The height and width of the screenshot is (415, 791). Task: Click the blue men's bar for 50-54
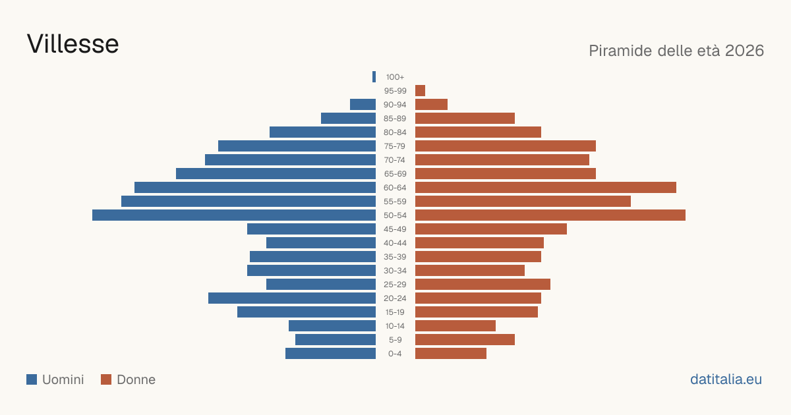click(x=234, y=215)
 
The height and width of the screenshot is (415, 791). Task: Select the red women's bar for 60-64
click(x=546, y=187)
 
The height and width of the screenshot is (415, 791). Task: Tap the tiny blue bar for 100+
click(x=374, y=76)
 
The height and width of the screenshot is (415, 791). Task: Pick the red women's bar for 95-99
click(x=421, y=90)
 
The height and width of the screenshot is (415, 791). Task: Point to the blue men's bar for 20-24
click(x=291, y=298)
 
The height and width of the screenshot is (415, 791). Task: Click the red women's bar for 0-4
click(x=451, y=353)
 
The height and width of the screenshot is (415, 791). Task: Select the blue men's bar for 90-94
click(x=363, y=105)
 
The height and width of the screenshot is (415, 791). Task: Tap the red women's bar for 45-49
click(x=491, y=229)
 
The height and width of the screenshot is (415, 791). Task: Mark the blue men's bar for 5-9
click(x=336, y=339)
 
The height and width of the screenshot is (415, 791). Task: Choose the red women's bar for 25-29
click(x=483, y=284)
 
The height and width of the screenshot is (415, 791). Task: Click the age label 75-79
click(x=395, y=146)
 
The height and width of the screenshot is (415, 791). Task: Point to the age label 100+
click(x=395, y=77)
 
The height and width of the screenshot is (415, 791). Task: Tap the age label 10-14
click(x=395, y=326)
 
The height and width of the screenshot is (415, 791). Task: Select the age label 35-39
click(x=395, y=257)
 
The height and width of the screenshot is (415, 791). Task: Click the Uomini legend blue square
click(x=32, y=379)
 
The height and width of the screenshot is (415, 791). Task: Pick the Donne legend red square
click(x=106, y=379)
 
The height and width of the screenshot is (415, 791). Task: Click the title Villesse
click(x=73, y=44)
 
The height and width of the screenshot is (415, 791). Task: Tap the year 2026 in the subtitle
click(x=744, y=51)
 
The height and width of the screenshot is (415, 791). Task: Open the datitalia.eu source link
click(x=726, y=379)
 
